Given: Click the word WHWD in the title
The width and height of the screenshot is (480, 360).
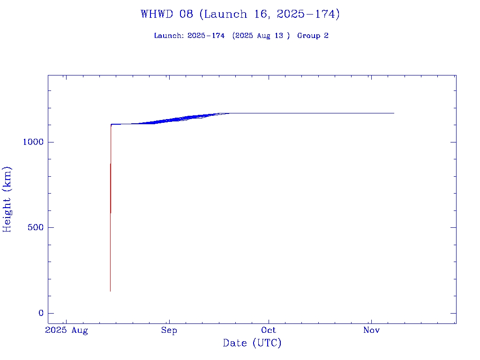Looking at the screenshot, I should coord(160,14).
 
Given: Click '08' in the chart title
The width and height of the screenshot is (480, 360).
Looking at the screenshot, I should coord(186,14).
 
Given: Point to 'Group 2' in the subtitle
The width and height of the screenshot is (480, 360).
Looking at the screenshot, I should coord(313,36).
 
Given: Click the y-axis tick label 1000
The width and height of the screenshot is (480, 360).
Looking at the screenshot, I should coord(33,142).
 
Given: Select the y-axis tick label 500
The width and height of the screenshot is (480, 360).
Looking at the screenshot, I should coord(36,228).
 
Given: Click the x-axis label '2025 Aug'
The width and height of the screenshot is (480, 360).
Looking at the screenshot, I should coord(66,330).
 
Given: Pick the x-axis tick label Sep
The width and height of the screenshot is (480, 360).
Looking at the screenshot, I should coord(169,330).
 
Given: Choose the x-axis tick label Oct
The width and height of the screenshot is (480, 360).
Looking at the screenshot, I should coord(269,330).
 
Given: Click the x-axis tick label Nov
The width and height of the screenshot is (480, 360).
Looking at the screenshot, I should coord(371,330).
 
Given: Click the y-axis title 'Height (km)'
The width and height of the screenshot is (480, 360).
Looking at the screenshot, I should coord(7,199).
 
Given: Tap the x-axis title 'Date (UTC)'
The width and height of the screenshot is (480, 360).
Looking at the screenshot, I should coord(252,343).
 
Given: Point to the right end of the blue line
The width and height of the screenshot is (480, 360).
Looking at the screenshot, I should coord(394,113).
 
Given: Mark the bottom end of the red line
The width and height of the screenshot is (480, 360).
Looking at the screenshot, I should coord(110,291).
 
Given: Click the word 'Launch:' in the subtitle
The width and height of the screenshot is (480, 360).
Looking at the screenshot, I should coord(169,36).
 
